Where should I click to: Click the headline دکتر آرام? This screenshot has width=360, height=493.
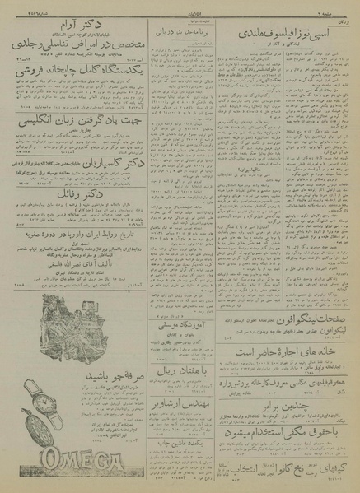62,25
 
